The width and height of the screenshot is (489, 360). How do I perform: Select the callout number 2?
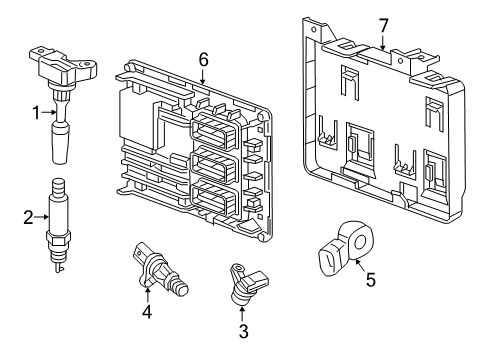pyautogui.click(x=29, y=215)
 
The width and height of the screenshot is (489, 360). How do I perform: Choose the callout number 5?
pyautogui.click(x=371, y=281)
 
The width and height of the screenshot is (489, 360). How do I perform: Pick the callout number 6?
pyautogui.click(x=203, y=61)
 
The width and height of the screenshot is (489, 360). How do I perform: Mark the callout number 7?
pyautogui.click(x=382, y=24)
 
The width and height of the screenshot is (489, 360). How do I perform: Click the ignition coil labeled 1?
pyautogui.click(x=61, y=80)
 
